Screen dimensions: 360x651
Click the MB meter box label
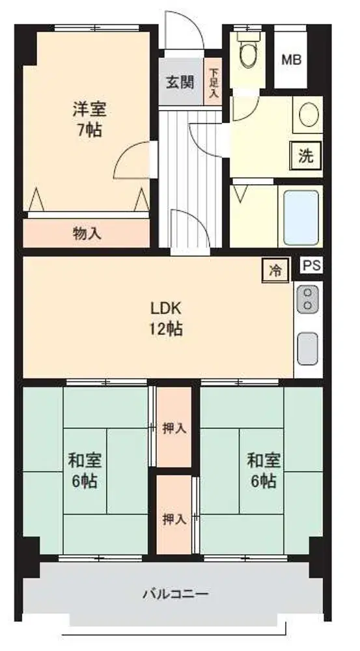292,60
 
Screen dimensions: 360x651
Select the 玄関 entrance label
180,82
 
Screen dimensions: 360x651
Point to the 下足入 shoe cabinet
214,81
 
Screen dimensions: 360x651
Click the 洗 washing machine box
307,156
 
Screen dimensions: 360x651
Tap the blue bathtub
301,217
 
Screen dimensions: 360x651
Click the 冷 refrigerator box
275,271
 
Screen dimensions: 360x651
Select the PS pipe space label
311,266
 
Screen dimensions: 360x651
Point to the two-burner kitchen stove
308,299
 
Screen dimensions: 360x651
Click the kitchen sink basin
308,349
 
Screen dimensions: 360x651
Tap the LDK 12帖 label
165,318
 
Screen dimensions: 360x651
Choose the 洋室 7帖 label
90,120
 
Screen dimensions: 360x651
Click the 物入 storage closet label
87,234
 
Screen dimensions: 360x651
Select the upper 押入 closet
174,427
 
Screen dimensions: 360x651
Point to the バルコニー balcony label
176,594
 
